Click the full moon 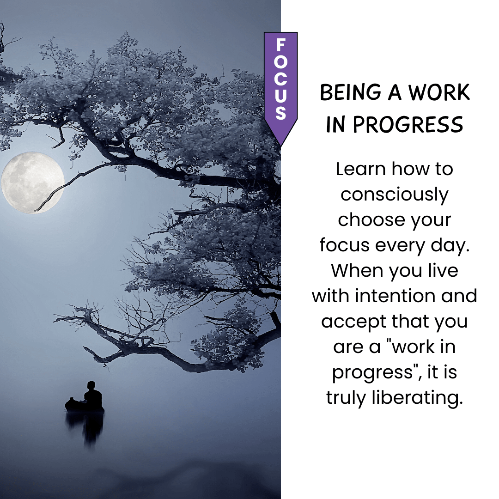click(x=33, y=183)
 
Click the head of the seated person click(x=91, y=385)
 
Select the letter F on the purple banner click(x=281, y=45)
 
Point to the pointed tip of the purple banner click(x=281, y=146)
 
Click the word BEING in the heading click(x=350, y=92)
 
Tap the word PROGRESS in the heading click(x=408, y=124)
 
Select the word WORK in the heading click(x=439, y=92)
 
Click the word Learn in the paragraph click(x=361, y=169)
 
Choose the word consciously click(x=394, y=195)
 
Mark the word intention click(x=395, y=296)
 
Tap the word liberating click(x=417, y=398)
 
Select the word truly click(x=346, y=398)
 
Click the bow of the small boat click(x=67, y=404)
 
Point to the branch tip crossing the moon click(x=36, y=210)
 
